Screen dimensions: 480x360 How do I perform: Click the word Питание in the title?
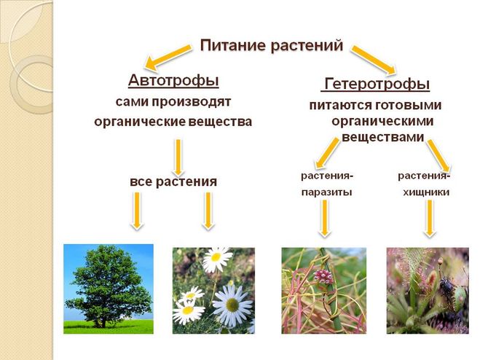(x=233, y=46)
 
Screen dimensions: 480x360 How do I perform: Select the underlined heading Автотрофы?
(x=173, y=81)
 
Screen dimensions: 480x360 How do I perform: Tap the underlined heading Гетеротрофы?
(x=377, y=84)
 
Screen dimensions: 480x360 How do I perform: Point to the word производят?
(x=192, y=102)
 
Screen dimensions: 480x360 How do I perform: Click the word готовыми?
(x=408, y=106)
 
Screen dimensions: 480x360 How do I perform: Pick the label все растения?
(x=173, y=181)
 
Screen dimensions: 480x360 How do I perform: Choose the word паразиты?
(x=326, y=192)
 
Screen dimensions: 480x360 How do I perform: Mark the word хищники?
(x=426, y=192)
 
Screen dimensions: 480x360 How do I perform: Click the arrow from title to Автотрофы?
(x=168, y=57)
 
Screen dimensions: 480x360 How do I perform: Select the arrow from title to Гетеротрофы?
(x=374, y=60)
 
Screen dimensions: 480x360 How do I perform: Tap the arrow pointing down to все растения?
(x=178, y=157)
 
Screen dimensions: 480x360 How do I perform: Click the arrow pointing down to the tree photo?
(x=137, y=211)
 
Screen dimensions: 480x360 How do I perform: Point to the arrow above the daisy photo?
(x=208, y=211)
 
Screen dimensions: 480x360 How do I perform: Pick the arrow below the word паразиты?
(x=325, y=219)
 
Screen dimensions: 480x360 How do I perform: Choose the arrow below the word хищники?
(x=430, y=219)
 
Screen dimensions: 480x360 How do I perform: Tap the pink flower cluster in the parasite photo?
(x=323, y=277)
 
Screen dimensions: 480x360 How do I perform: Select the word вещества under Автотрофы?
(x=220, y=122)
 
